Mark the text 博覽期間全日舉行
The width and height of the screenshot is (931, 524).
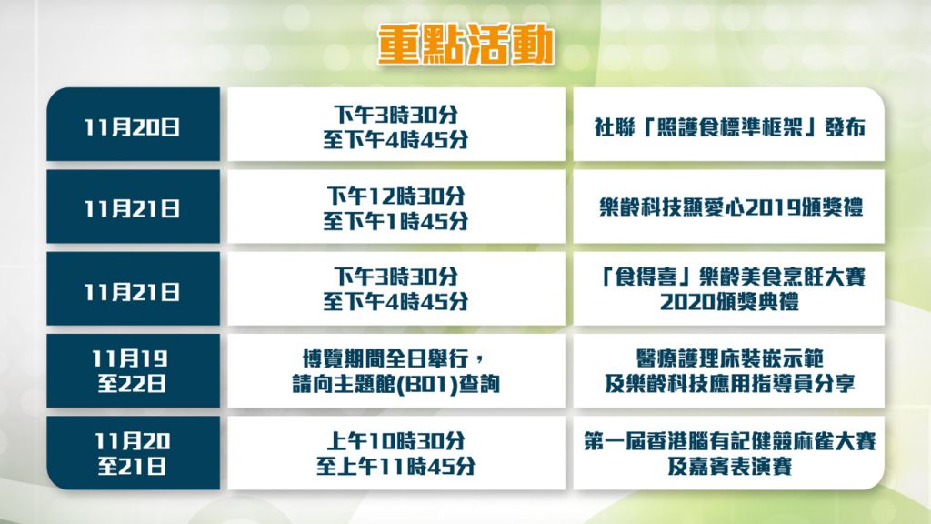tap(392, 358)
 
